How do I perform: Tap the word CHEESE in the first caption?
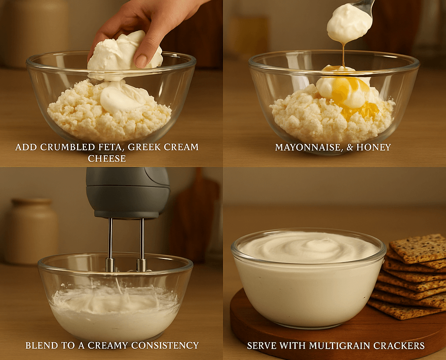107,159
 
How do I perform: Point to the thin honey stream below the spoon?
343,54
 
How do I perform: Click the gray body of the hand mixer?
128,192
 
